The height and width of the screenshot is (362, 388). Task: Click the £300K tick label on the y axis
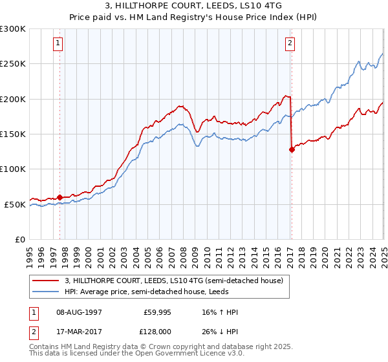[x=13, y=29]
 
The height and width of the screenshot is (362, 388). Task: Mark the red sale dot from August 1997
[x=60, y=197]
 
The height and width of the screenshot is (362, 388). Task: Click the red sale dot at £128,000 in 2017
[x=292, y=149]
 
